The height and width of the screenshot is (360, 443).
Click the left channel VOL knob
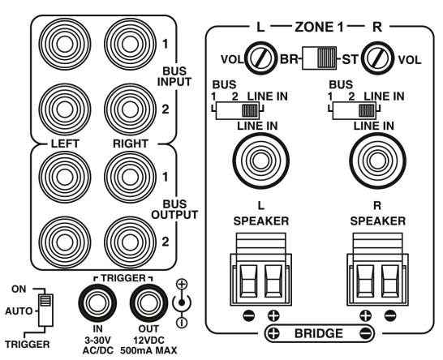[x=260, y=59]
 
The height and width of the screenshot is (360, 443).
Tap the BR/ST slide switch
[x=319, y=58]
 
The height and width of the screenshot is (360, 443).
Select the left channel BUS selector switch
[x=238, y=111]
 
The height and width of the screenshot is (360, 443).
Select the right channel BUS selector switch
[x=355, y=111]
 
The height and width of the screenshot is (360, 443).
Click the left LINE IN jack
[x=260, y=161]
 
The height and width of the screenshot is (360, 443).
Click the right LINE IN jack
[x=377, y=161]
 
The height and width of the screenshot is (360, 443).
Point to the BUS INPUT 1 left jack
[x=65, y=44]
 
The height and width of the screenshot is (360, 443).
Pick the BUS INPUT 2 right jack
[x=130, y=109]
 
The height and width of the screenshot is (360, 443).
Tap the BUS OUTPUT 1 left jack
[x=65, y=177]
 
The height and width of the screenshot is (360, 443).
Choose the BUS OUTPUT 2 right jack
[x=130, y=242]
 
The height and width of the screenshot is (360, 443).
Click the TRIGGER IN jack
[x=97, y=303]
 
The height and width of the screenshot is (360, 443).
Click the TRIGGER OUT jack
[x=149, y=303]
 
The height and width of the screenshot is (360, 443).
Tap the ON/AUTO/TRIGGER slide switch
[x=45, y=311]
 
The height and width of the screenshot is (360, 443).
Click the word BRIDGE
[x=319, y=333]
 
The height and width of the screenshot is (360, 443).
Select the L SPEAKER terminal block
[x=260, y=269]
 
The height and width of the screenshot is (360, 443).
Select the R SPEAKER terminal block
[x=377, y=269]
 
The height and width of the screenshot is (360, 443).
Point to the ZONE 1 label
[x=319, y=27]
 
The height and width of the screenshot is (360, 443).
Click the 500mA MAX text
[x=148, y=350]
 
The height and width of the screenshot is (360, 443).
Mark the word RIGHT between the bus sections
[x=131, y=144]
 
